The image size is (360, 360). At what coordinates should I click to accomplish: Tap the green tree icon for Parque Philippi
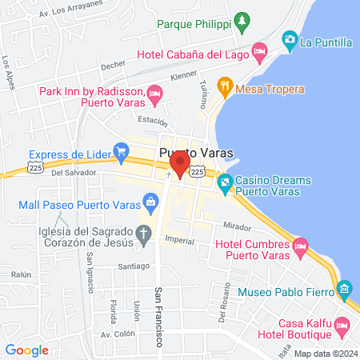(241, 19)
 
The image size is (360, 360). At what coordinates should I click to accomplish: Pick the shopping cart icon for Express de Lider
(122, 150)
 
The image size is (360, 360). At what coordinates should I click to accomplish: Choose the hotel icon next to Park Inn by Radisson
(155, 95)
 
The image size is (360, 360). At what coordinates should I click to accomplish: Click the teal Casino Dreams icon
(226, 184)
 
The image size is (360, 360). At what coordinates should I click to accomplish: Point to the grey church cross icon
(144, 234)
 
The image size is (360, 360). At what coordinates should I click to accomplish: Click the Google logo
(26, 350)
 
